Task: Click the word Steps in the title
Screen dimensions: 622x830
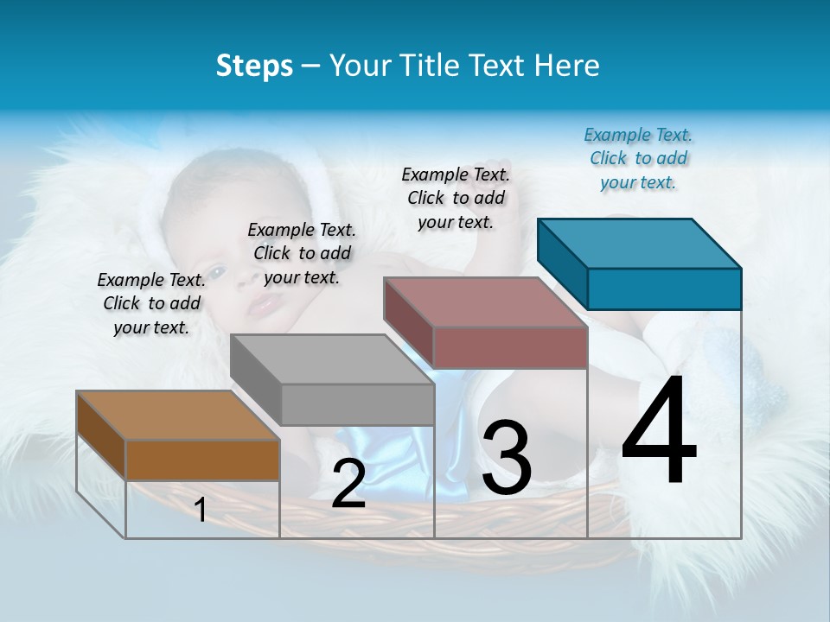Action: [254, 66]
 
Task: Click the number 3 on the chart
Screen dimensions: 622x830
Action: [507, 457]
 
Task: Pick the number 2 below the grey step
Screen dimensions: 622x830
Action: [348, 484]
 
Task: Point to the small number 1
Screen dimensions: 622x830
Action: [201, 511]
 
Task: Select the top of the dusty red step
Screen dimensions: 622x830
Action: [485, 301]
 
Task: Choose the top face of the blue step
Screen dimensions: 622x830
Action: [639, 243]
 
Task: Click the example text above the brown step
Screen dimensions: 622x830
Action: [151, 303]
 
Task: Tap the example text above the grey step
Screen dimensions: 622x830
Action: [302, 253]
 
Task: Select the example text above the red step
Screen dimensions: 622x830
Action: [456, 198]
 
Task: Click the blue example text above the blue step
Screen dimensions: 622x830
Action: [638, 158]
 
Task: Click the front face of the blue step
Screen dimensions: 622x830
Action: [664, 289]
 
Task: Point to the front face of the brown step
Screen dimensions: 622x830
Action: [202, 460]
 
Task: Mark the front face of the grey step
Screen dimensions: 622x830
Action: [357, 404]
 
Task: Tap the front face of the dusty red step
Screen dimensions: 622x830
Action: [510, 347]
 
